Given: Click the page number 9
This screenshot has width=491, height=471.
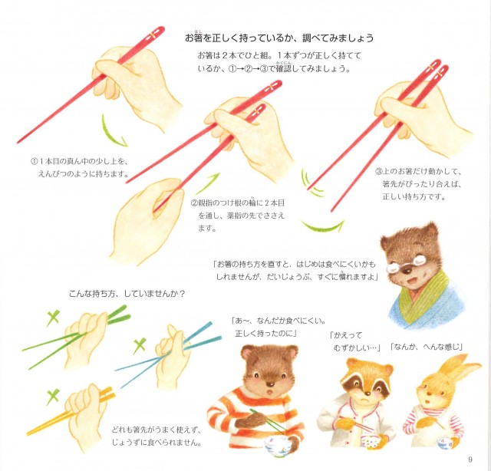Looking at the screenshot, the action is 470,459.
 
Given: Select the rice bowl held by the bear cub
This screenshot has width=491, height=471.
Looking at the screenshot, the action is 277,445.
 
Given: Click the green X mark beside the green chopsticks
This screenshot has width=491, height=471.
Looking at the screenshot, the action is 53,318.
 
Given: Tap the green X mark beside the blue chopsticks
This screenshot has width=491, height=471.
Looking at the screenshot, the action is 139,345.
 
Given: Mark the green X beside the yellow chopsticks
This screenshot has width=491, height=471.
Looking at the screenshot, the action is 53,396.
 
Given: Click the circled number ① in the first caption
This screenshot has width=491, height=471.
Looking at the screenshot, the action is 34,162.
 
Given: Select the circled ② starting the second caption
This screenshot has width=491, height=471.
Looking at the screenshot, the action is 194,203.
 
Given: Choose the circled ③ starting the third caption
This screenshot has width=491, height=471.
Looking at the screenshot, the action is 379,171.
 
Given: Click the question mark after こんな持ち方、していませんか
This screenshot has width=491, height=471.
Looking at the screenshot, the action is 183,294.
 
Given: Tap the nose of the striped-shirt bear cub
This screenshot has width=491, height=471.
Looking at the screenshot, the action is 269,383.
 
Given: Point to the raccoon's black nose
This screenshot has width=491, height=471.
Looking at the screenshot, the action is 367,391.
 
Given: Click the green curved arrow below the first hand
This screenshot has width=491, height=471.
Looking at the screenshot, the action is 111,132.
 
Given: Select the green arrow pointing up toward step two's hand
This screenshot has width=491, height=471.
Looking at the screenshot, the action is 207,183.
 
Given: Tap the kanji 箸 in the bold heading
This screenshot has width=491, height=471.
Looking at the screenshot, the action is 198,38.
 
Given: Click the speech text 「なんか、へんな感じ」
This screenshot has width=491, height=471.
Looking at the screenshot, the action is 427,347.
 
